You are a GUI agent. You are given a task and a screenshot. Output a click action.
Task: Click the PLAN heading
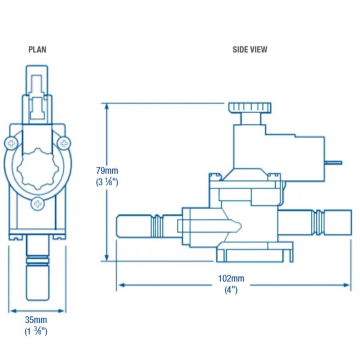(x=37, y=50)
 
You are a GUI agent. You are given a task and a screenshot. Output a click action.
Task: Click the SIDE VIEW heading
(x=250, y=50)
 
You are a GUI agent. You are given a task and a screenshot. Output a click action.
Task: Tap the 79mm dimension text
(x=107, y=170)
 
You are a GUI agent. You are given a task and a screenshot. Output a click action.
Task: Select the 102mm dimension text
(x=231, y=279)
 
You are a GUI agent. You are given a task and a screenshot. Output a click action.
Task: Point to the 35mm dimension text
(x=36, y=320)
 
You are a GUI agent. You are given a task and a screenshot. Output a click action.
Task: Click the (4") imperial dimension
(x=231, y=290)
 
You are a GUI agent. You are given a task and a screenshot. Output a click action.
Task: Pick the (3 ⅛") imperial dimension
(x=107, y=182)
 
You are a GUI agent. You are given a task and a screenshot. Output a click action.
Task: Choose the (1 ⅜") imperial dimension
(x=36, y=331)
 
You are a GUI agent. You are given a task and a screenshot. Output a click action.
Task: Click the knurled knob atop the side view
(x=250, y=108)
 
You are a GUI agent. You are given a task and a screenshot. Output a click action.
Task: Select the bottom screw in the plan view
(x=38, y=204)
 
